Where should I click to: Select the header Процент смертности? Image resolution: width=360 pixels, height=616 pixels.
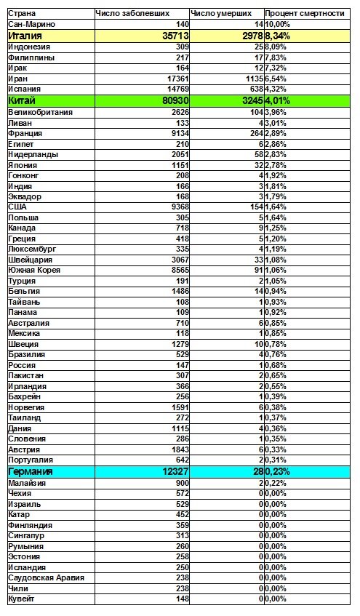(x=304, y=14)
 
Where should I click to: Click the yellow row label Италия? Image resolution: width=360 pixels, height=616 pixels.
(x=25, y=35)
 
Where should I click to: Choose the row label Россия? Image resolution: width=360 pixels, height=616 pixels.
(x=22, y=364)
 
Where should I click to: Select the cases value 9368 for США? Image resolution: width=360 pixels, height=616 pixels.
(x=179, y=207)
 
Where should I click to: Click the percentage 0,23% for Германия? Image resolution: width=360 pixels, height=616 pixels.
(x=280, y=472)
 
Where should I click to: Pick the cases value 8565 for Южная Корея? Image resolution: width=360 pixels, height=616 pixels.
(x=179, y=270)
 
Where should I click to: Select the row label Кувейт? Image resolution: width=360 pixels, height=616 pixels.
(x=22, y=599)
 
